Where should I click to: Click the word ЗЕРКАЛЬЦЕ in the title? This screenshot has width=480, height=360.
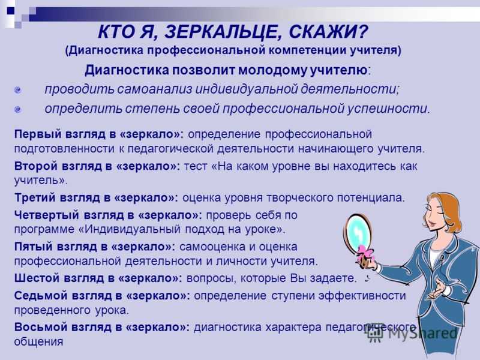(221, 32)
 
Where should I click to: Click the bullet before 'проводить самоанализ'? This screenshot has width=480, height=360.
(18, 90)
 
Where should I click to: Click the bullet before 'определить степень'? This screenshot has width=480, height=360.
(18, 109)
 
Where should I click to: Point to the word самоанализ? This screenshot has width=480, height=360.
(155, 89)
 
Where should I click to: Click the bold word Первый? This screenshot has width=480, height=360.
(38, 134)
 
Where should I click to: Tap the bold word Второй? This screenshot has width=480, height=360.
(36, 166)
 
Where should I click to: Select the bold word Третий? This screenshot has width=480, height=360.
(35, 197)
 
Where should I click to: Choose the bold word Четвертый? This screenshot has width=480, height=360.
(46, 215)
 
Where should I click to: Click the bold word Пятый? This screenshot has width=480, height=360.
(34, 247)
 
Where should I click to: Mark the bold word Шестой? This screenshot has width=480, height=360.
(37, 278)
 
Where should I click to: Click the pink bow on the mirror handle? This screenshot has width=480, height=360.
(365, 254)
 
